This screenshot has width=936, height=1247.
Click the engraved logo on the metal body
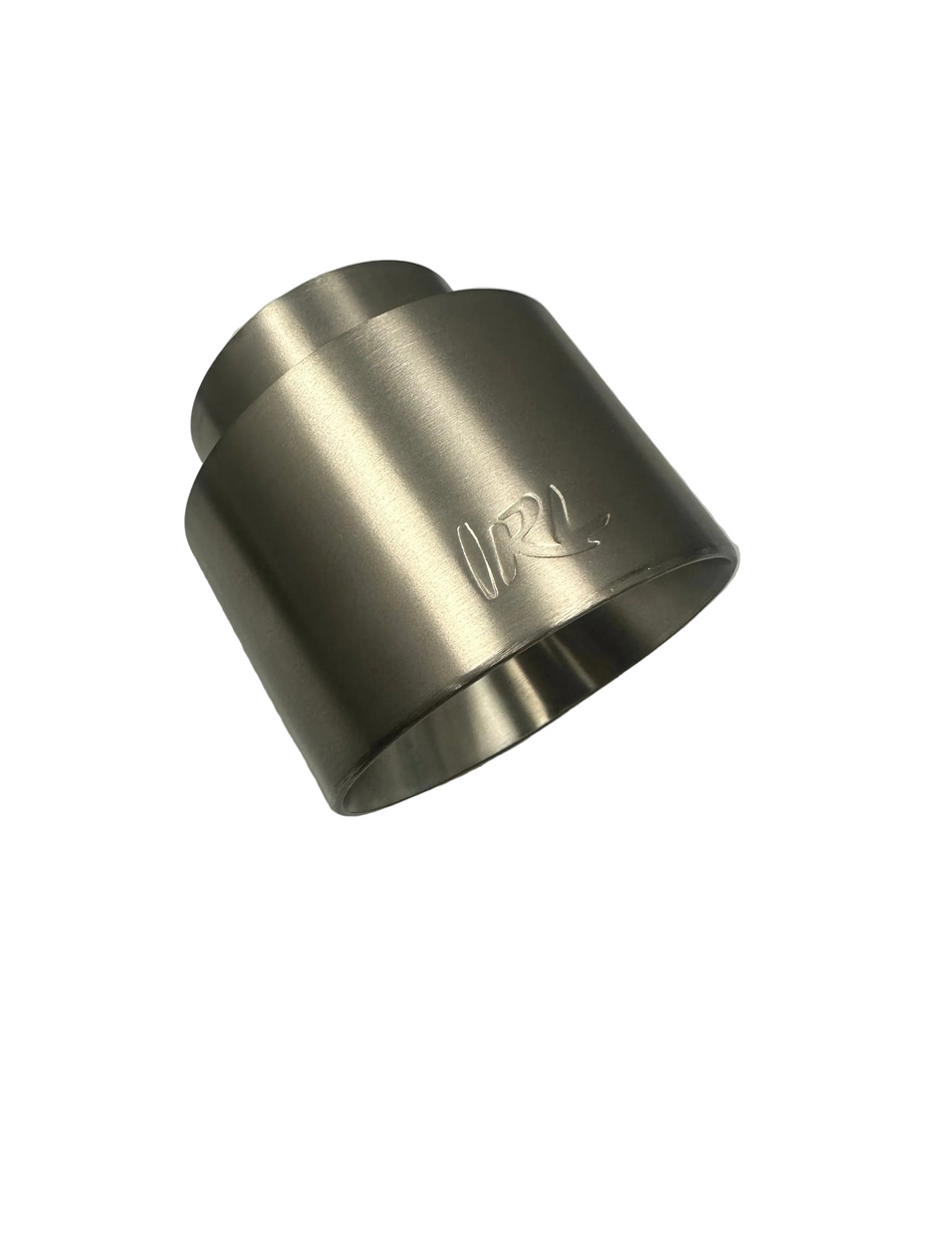529,549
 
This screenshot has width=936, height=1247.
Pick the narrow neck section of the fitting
299,338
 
